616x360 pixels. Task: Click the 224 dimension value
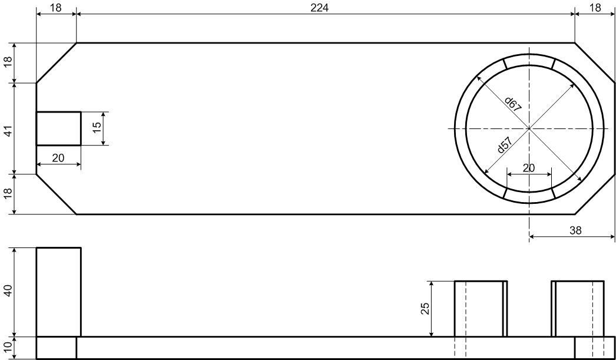[x=319, y=8]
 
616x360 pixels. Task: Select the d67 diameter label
[x=513, y=104]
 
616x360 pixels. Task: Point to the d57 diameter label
[x=504, y=145]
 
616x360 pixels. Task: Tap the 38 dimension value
[x=575, y=230]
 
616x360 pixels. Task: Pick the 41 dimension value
[x=8, y=130]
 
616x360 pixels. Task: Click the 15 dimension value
[x=97, y=127]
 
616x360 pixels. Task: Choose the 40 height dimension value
[x=8, y=291]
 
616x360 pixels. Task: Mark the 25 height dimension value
[x=425, y=309]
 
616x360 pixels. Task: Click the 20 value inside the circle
[x=529, y=168]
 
